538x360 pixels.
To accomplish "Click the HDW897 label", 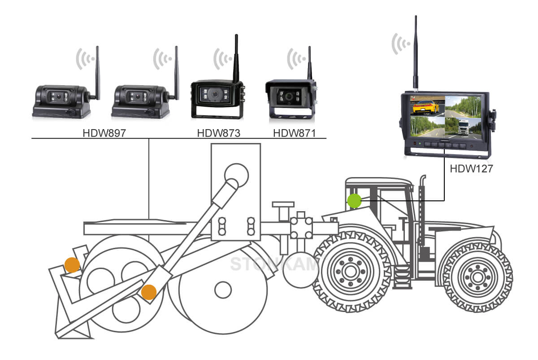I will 104,133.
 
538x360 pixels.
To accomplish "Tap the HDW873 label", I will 218,133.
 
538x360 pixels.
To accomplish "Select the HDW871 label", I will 294,133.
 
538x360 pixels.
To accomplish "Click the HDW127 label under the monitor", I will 470,169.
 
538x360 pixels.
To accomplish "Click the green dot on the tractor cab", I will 354,201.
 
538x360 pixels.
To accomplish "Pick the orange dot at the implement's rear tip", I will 72,265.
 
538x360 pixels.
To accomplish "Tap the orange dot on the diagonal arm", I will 148,292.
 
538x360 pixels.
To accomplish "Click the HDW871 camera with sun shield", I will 291,100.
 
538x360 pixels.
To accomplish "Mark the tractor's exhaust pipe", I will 421,211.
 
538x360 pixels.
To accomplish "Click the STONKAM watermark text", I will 273,264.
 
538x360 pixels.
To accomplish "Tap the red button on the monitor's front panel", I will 415,144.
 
